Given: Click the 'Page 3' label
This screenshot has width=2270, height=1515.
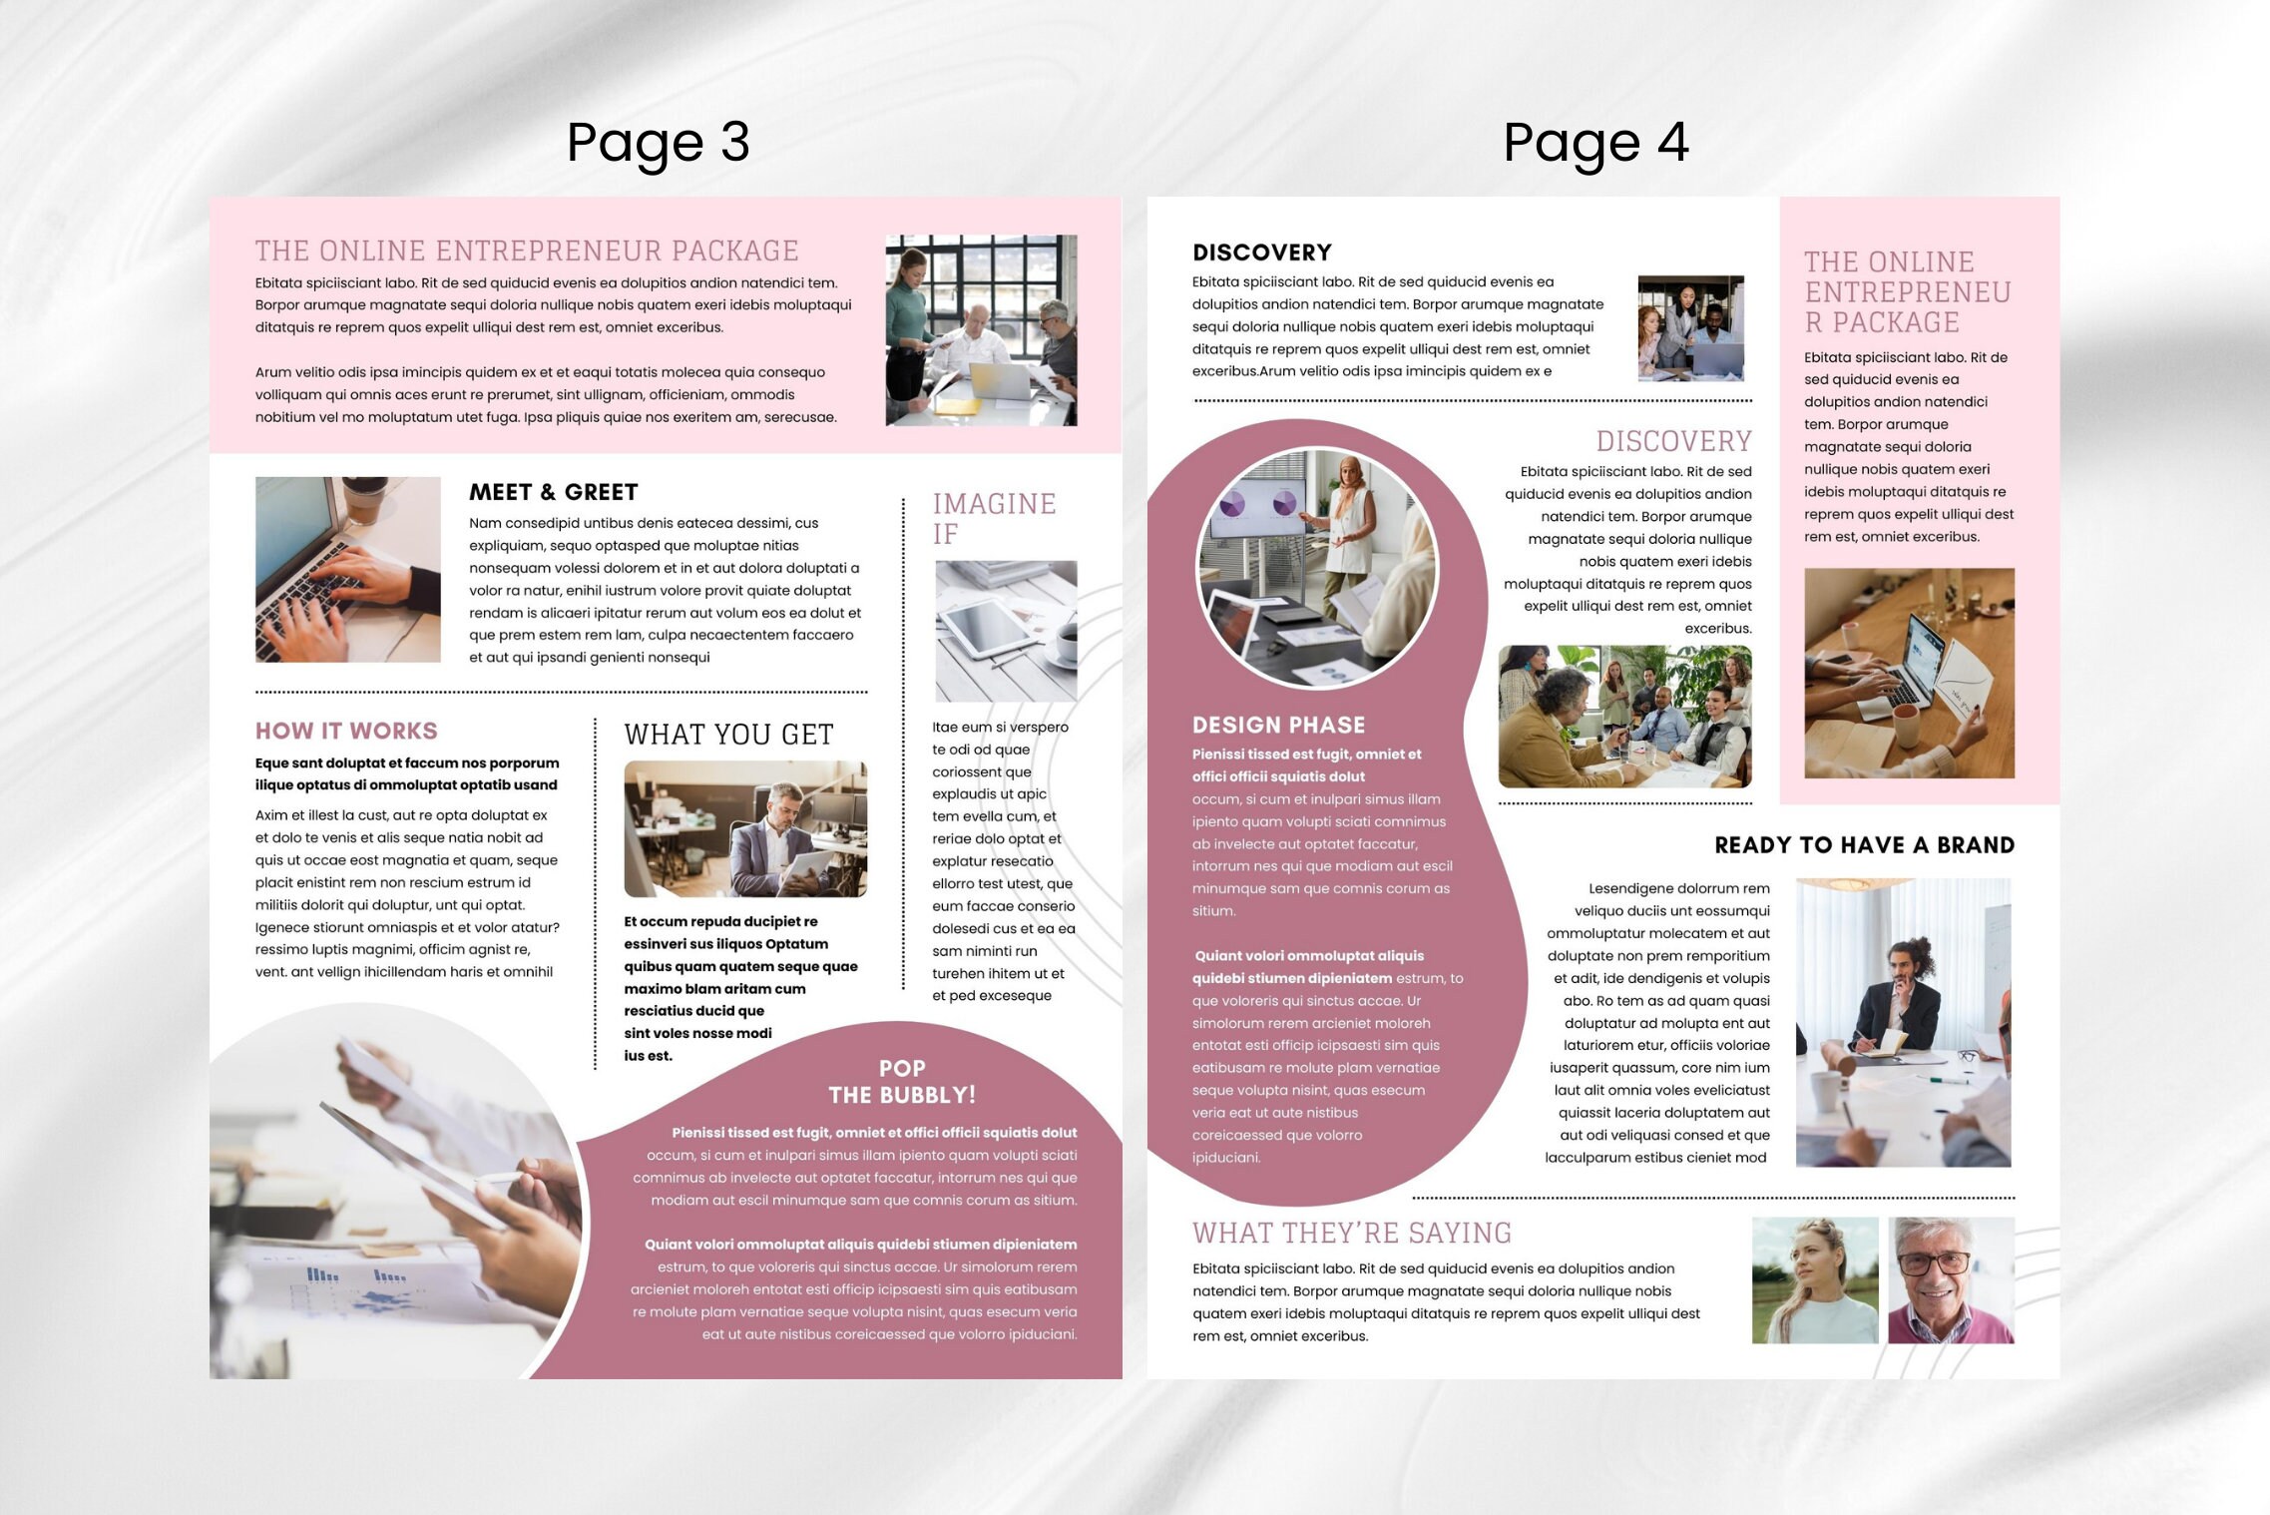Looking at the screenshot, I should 658,143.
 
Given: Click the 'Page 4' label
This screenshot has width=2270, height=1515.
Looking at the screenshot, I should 1595,143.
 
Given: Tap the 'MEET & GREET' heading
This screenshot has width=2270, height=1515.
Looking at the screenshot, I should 553,492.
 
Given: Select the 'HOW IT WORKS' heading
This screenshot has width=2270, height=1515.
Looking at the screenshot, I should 346,731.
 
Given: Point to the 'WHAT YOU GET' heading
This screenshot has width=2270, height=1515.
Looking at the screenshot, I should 728,735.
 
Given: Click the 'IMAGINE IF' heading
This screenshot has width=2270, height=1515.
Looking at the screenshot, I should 994,518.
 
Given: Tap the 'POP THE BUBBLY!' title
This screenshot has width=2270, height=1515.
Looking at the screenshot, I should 902,1082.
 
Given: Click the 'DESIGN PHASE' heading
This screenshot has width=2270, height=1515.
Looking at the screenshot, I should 1278,726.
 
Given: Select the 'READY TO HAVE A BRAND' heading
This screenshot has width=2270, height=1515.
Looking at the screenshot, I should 1864,845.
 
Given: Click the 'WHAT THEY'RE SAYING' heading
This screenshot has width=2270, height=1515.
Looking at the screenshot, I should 1352,1234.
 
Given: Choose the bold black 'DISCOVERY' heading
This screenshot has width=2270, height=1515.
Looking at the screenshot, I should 1262,252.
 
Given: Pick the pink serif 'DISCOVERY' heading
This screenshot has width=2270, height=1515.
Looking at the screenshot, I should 1673,441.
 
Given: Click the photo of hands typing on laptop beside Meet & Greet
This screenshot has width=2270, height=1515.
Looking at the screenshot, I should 347,569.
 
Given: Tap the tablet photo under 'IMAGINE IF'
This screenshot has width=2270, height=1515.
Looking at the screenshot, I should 1006,631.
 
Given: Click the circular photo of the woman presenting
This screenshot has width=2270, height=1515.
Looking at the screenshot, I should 1317,567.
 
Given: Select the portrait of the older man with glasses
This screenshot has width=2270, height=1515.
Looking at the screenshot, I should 1951,1280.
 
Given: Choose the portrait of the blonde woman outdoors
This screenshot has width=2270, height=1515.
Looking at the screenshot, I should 1815,1280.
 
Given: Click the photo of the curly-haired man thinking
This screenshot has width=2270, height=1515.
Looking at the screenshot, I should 1903,1022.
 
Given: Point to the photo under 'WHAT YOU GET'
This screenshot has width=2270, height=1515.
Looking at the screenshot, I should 745,829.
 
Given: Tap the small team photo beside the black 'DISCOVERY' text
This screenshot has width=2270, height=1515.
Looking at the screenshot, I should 1690,328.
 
